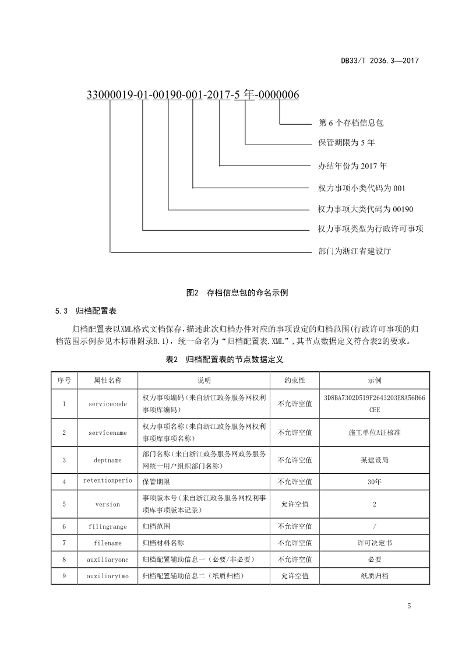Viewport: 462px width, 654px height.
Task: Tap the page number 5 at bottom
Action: (x=409, y=606)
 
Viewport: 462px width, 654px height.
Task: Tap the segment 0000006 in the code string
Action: (x=280, y=95)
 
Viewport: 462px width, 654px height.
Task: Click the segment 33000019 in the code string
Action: (x=110, y=95)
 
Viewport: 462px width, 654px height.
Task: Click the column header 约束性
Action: (x=295, y=380)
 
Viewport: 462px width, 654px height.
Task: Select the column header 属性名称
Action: (x=108, y=380)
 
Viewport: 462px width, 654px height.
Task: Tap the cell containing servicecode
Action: (x=108, y=403)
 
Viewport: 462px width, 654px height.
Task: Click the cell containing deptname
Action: (x=108, y=460)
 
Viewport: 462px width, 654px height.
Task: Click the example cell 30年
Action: (x=375, y=482)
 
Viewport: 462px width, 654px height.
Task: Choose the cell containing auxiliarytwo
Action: (x=108, y=576)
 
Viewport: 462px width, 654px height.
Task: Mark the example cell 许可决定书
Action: (x=375, y=543)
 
